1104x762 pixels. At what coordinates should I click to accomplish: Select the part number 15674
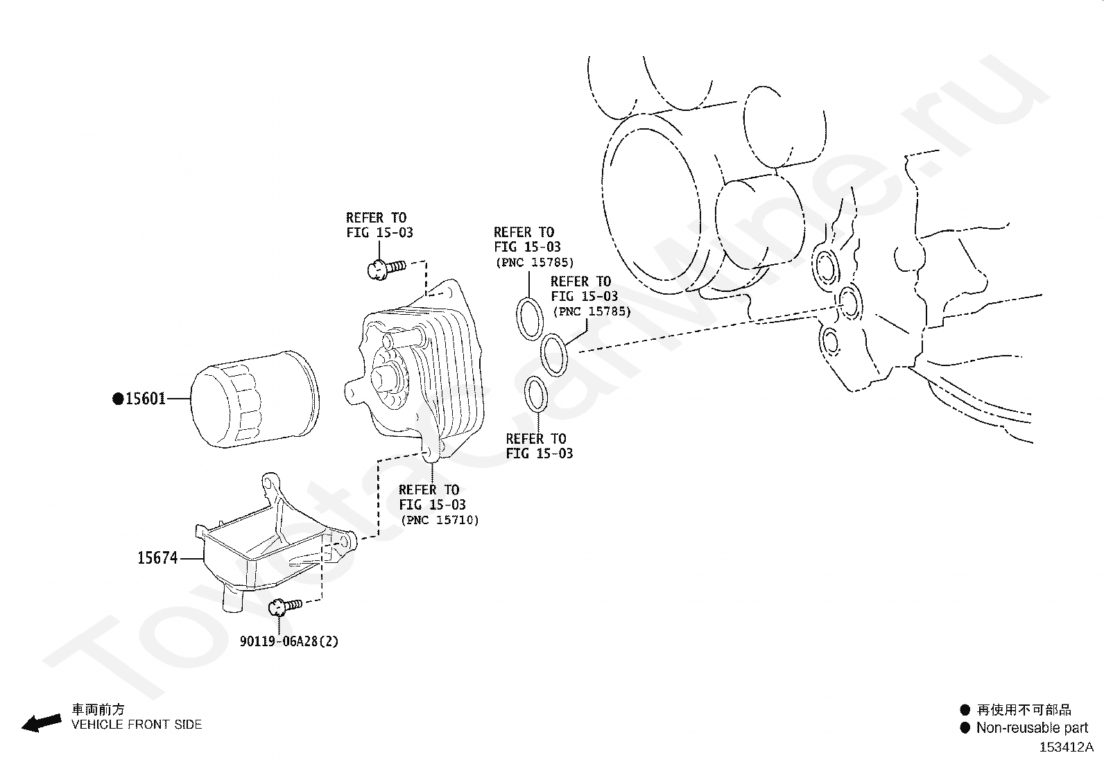[x=157, y=557]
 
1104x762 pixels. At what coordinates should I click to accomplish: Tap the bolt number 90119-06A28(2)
[x=289, y=641]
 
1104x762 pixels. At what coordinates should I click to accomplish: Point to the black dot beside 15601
[x=118, y=399]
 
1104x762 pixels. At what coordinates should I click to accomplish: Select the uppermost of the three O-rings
[x=531, y=318]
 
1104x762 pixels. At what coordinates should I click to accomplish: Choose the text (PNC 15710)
[x=440, y=520]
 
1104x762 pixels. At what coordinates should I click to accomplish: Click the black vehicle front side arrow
[x=41, y=722]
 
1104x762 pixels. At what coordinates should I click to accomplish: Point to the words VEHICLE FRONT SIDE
[x=137, y=725]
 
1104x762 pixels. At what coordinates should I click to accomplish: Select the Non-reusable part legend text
[x=1032, y=727]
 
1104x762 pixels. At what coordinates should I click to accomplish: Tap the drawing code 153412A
[x=1066, y=747]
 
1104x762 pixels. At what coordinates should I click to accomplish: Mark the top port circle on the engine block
[x=827, y=267]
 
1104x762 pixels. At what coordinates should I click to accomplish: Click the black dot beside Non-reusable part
[x=965, y=727]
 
